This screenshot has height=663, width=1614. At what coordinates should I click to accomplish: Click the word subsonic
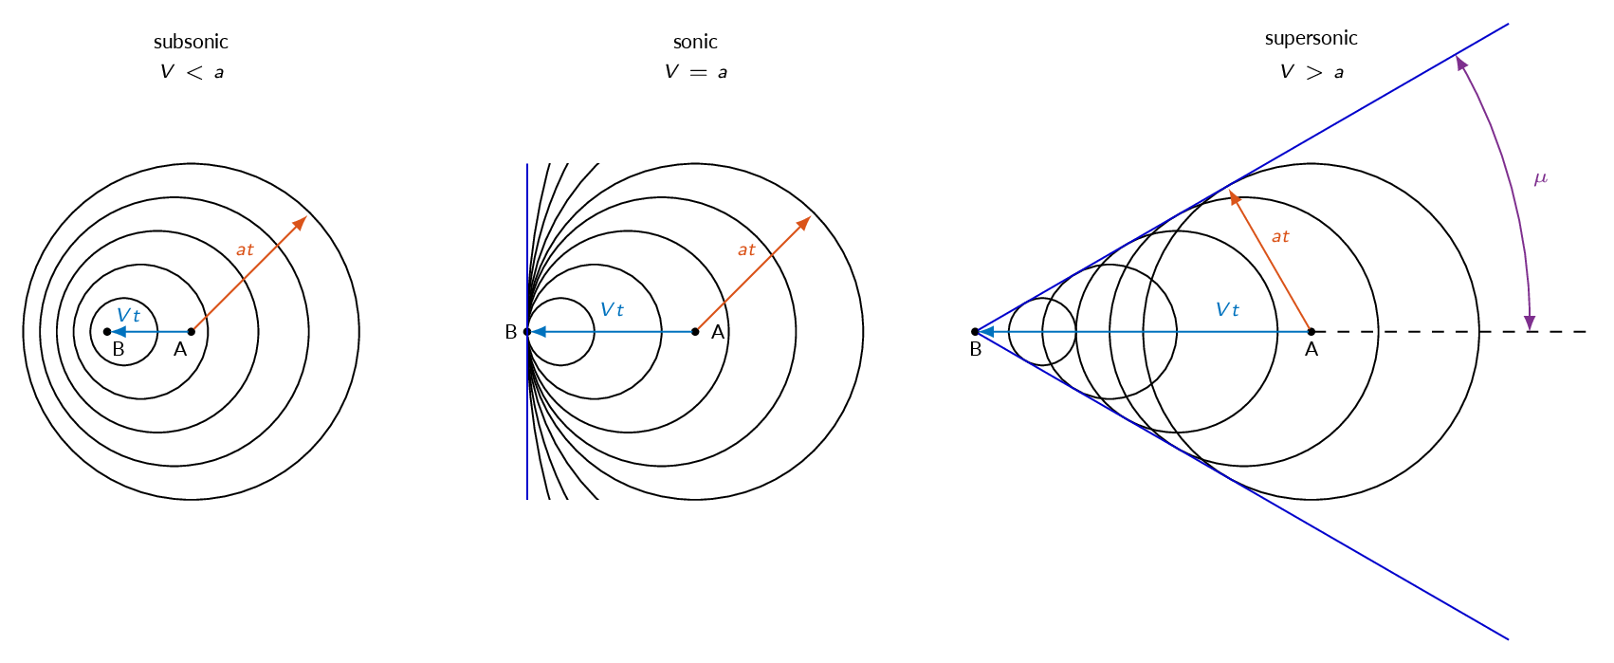(191, 42)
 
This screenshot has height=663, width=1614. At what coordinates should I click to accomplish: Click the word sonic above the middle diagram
(695, 42)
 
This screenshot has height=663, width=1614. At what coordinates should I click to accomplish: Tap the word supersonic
(1311, 38)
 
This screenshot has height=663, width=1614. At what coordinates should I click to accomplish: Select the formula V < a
(192, 72)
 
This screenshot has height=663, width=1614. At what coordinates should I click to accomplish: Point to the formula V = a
(695, 72)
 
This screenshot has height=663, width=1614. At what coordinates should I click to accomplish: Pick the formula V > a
(1311, 72)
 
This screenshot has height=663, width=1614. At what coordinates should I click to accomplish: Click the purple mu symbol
(1540, 178)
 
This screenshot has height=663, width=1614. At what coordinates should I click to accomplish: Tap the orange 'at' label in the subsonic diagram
(245, 250)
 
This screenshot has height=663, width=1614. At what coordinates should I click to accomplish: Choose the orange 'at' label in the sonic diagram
(746, 250)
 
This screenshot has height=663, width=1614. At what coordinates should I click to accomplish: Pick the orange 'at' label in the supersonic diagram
(1280, 236)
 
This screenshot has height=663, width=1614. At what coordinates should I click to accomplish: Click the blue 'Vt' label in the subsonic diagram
(128, 315)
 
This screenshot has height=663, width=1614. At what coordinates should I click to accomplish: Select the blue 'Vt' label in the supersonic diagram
(1227, 310)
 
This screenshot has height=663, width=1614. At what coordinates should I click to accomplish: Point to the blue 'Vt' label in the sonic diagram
(612, 310)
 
